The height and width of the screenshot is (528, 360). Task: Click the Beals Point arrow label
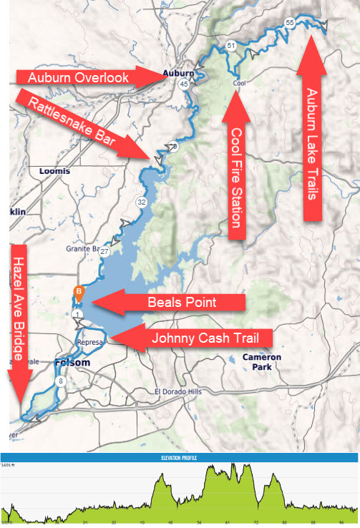click(x=183, y=303)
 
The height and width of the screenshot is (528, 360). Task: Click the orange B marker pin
click(x=79, y=292)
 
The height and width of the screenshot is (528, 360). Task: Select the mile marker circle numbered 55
click(x=289, y=23)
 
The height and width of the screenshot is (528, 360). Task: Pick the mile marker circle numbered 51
click(x=230, y=46)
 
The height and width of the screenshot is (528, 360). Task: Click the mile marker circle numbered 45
click(x=184, y=84)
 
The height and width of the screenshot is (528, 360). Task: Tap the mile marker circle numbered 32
click(x=142, y=202)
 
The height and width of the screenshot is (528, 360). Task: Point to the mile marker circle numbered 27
click(x=104, y=252)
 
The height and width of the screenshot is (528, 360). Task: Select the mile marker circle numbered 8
click(x=62, y=382)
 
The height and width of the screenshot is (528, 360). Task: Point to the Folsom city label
click(x=72, y=363)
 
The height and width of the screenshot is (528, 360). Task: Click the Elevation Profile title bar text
click(x=179, y=457)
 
